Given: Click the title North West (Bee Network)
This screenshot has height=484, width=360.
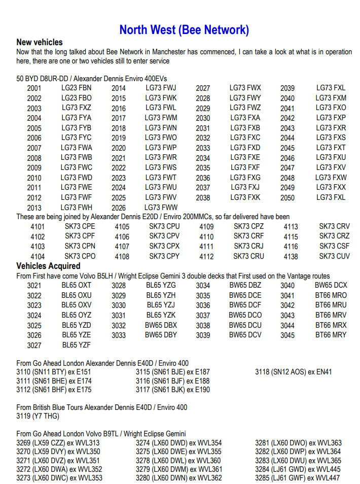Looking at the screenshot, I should coord(184,30).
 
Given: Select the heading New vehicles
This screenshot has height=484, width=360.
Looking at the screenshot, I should coord(40,42).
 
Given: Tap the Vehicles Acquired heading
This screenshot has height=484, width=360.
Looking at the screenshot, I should coord(48,266).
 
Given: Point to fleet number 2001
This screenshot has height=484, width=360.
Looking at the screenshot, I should coord(34,88).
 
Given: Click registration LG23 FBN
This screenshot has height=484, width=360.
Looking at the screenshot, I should coord(77,88).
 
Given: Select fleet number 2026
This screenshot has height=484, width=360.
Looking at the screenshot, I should coord(119,208).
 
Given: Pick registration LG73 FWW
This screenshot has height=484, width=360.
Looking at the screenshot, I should coord(161,208).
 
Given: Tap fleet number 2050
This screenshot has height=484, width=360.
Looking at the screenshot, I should coord(287,198).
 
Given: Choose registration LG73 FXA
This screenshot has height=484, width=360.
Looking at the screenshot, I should coord(245,118).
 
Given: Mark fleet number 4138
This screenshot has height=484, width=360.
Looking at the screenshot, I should coord(291,257).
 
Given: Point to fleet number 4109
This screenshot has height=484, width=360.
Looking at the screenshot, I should coord(206,227).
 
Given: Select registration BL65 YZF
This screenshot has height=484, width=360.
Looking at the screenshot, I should coord(77,345).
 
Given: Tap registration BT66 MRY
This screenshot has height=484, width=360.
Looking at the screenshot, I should coord(331,335).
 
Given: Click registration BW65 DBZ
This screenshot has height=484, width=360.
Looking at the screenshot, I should coord(245,285).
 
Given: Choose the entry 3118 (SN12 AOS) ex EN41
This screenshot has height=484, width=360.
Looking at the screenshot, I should coord(293,372).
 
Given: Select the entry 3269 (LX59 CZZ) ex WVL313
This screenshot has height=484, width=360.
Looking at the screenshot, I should coord(58,443).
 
